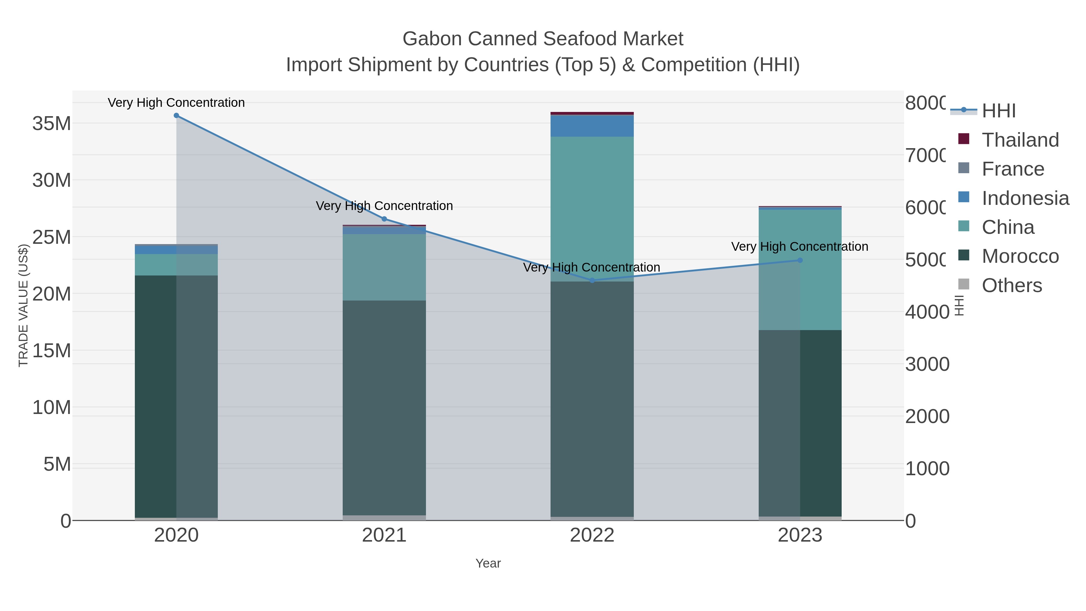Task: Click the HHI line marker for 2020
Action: point(176,116)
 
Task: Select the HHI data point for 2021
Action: point(384,219)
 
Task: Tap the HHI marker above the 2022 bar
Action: point(592,280)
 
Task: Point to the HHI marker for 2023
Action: point(800,260)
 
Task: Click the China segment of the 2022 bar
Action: point(592,209)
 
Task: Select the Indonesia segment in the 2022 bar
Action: point(592,126)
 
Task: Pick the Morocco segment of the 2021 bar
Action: point(384,407)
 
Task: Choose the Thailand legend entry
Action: point(1020,140)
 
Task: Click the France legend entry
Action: point(1013,169)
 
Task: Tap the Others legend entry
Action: point(1011,285)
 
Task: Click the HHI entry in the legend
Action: point(998,111)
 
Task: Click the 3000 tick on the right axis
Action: point(927,364)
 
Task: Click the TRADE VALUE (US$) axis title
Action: point(23,305)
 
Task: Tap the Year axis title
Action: point(488,563)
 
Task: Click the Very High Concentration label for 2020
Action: point(176,103)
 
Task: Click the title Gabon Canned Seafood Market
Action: point(543,39)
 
